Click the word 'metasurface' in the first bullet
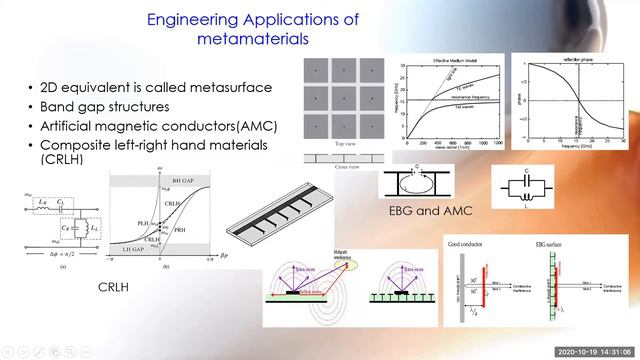(227, 87)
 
